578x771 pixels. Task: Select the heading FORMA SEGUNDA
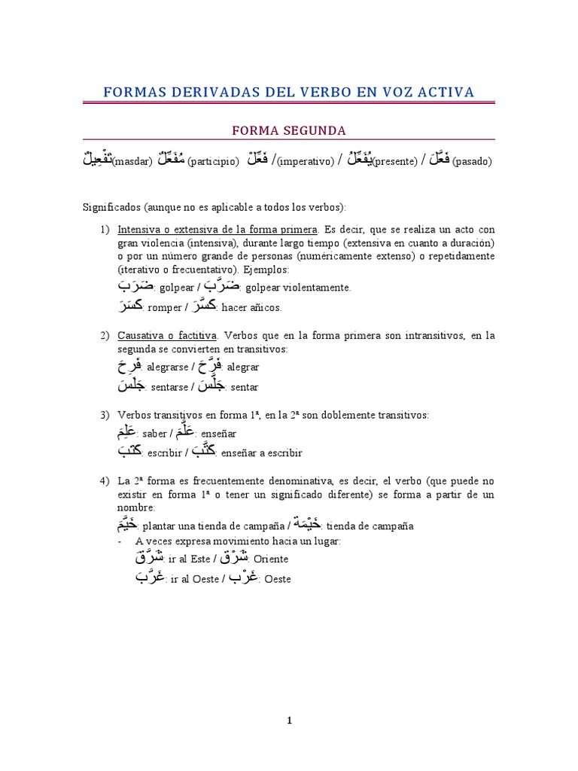tap(288, 130)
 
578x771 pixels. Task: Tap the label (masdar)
tap(132, 162)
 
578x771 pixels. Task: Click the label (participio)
tap(213, 162)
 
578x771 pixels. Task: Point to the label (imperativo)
tap(305, 162)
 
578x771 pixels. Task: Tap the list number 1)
tap(105, 229)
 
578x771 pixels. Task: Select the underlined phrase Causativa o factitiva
tap(167, 335)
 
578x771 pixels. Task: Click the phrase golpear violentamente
tap(298, 288)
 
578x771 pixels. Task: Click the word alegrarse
tap(169, 367)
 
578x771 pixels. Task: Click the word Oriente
tap(271, 559)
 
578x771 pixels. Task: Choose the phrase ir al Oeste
tap(191, 579)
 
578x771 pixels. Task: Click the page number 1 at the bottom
tap(289, 721)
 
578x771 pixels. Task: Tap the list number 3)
tap(105, 415)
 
